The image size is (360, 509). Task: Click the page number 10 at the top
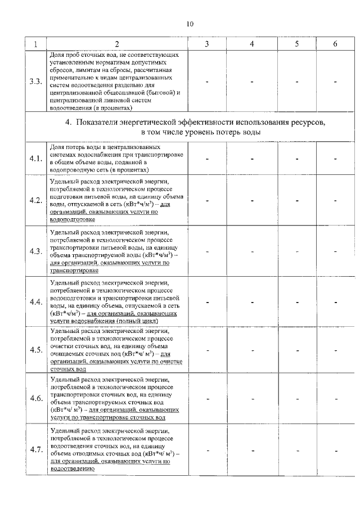point(189,24)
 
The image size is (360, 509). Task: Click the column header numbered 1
point(36,44)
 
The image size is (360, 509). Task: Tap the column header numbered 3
point(207,44)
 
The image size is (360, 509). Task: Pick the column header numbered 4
point(252,44)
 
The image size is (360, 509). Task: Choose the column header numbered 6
point(335,44)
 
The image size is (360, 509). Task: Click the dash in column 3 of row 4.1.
point(207,159)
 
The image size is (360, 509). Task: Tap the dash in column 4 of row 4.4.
point(252,302)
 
